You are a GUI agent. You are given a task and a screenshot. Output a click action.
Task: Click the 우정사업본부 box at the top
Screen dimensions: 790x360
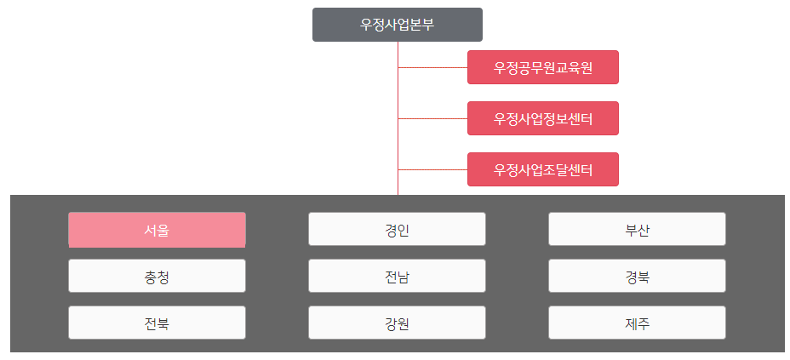397,25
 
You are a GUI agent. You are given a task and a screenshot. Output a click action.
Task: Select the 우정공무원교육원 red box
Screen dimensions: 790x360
542,67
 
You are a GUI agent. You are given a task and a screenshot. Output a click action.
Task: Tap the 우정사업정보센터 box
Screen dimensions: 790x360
542,118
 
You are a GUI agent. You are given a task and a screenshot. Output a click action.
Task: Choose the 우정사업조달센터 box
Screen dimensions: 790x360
542,169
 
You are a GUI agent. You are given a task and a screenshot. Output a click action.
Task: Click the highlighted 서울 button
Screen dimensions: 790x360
157,230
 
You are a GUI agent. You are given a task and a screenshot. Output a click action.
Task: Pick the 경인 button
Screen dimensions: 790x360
397,230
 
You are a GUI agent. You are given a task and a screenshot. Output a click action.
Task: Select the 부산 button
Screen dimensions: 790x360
637,230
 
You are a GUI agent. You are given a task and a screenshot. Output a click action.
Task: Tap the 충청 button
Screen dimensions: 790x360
157,277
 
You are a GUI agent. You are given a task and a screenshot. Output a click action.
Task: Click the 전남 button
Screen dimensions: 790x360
397,277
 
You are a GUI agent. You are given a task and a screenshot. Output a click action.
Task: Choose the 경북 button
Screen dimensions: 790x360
637,277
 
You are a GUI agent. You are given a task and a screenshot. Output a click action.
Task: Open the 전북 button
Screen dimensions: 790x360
157,323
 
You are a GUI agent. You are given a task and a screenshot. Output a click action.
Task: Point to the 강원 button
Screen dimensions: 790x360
397,323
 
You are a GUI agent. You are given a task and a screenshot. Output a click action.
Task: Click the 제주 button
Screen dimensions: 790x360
637,323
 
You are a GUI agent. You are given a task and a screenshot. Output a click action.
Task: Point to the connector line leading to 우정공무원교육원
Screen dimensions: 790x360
432,67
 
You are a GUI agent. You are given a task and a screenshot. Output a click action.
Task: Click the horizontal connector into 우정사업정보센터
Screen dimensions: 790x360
432,118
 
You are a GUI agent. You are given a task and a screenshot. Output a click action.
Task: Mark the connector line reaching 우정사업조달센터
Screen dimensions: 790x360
432,169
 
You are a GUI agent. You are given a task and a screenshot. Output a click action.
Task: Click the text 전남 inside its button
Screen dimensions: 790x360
397,277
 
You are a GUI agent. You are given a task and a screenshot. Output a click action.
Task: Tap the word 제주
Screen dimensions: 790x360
637,323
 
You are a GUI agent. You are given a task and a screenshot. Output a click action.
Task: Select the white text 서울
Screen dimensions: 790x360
157,230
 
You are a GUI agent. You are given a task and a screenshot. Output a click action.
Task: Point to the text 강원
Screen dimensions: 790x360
397,323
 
